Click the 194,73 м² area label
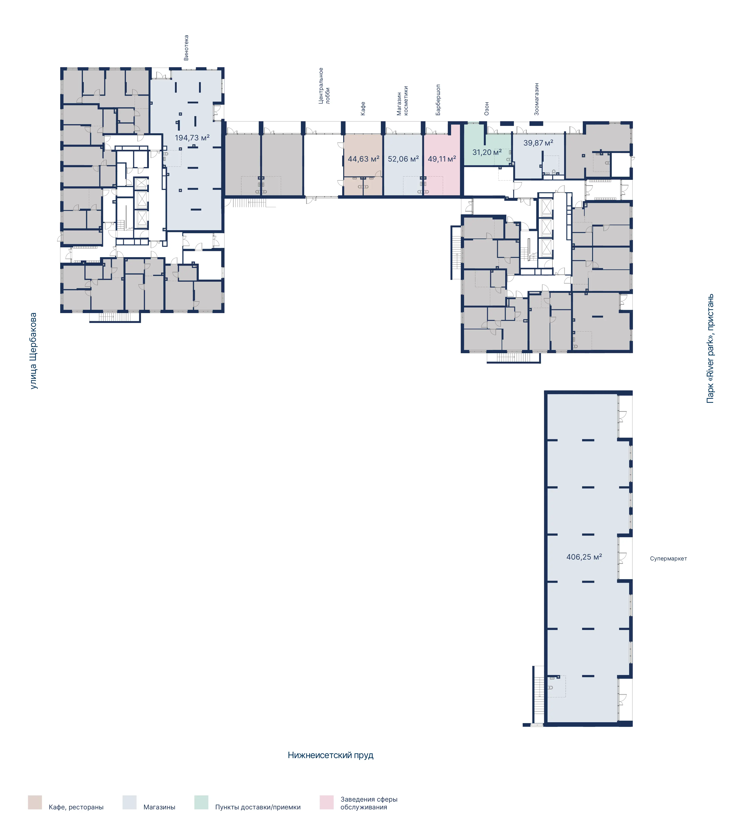pos(192,137)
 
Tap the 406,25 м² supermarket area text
pos(584,557)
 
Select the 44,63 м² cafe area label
pos(363,159)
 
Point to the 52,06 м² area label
pos(403,159)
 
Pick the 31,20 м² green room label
pos(487,152)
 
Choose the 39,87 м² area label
pos(538,143)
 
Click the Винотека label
pos(186,48)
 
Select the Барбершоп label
pos(438,100)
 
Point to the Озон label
pos(487,109)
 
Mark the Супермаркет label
pos(668,558)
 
